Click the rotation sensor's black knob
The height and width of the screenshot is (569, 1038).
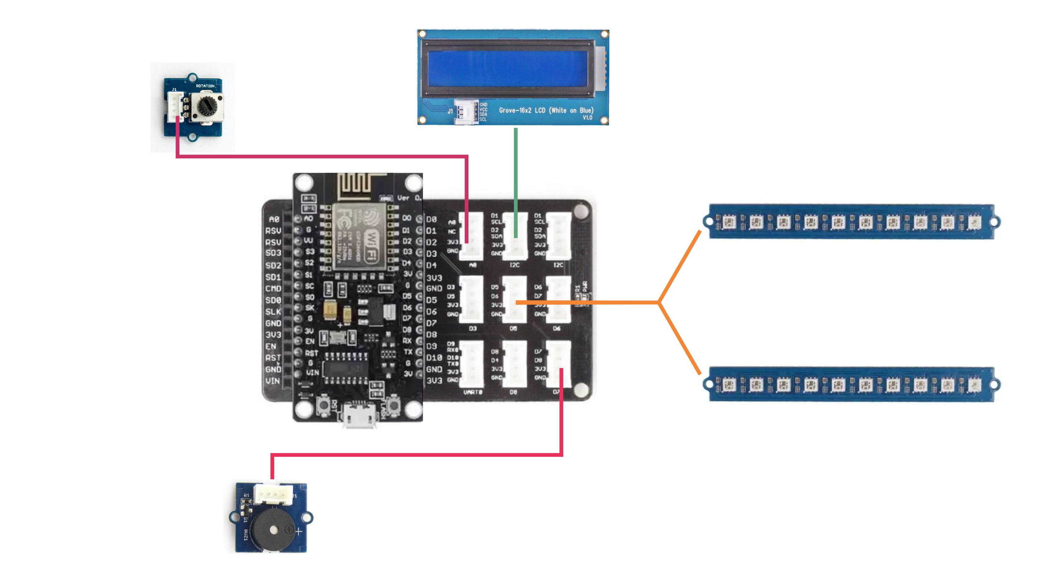[x=208, y=106]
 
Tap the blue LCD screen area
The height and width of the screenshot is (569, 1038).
[x=508, y=69]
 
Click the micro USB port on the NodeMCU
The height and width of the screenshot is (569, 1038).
[x=359, y=415]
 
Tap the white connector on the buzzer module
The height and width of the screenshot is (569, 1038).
[x=273, y=493]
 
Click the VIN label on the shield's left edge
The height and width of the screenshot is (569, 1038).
[x=273, y=380]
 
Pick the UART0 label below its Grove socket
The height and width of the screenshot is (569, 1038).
[x=472, y=392]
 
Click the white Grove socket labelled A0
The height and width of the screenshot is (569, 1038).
[x=472, y=236]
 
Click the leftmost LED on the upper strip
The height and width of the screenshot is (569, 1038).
[x=728, y=222]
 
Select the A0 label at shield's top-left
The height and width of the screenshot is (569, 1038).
[x=274, y=219]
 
